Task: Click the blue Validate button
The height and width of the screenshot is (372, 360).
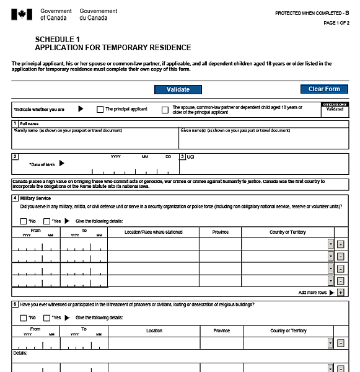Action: pyautogui.click(x=178, y=89)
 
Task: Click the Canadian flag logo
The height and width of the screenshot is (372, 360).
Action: pyautogui.click(x=22, y=14)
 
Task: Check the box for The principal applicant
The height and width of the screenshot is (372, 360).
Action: pyautogui.click(x=100, y=110)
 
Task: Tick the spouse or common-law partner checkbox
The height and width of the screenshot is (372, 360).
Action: pyautogui.click(x=165, y=110)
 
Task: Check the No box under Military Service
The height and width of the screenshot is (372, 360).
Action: pyautogui.click(x=24, y=221)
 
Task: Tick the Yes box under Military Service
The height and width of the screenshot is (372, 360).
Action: pyautogui.click(x=46, y=221)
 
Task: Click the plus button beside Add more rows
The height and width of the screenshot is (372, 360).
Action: pyautogui.click(x=341, y=292)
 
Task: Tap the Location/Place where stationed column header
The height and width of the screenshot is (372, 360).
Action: pyautogui.click(x=153, y=232)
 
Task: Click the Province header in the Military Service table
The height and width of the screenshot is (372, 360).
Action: pyautogui.click(x=220, y=232)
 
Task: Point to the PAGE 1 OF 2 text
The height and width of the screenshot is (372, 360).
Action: pyautogui.click(x=336, y=23)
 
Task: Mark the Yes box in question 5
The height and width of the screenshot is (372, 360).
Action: pyautogui.click(x=46, y=318)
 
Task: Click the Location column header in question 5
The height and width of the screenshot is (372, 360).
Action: pyautogui.click(x=154, y=330)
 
